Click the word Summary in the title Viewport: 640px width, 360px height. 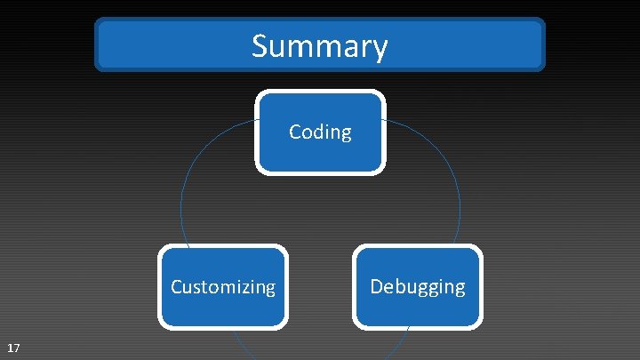point(319,45)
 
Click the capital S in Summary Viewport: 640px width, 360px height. point(260,44)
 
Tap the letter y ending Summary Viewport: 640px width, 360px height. point(380,48)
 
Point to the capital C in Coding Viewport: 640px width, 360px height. point(295,132)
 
